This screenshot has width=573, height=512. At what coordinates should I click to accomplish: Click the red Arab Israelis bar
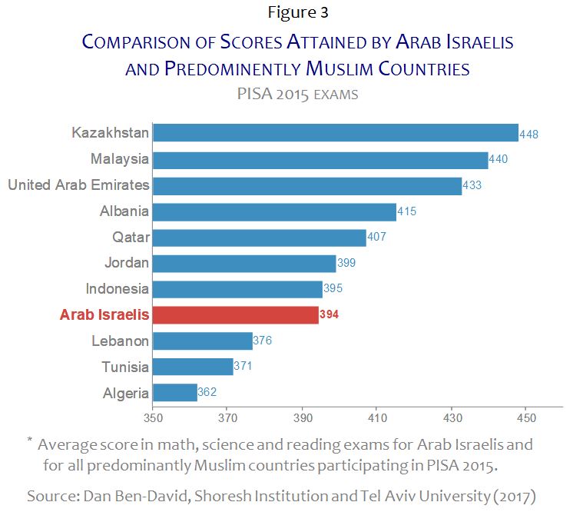point(236,314)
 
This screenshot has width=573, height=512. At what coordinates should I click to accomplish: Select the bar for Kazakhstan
point(336,133)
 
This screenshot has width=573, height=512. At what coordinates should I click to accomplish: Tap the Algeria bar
point(175,393)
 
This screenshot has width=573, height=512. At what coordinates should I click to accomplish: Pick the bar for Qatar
point(260,237)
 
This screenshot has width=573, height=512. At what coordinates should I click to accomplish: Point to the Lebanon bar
point(203,341)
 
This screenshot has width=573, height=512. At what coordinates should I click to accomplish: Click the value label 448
point(528,134)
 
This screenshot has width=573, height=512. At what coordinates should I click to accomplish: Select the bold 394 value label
point(329,314)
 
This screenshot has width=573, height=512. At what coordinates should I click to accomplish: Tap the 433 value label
point(472,185)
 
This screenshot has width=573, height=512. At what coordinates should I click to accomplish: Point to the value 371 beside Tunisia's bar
point(243,367)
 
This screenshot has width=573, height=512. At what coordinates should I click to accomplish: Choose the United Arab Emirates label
point(78,185)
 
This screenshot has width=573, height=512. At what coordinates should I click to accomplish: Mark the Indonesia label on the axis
point(117,288)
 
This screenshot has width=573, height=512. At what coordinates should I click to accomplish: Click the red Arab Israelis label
point(104,314)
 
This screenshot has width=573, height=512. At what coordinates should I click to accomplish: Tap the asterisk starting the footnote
point(30,441)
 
